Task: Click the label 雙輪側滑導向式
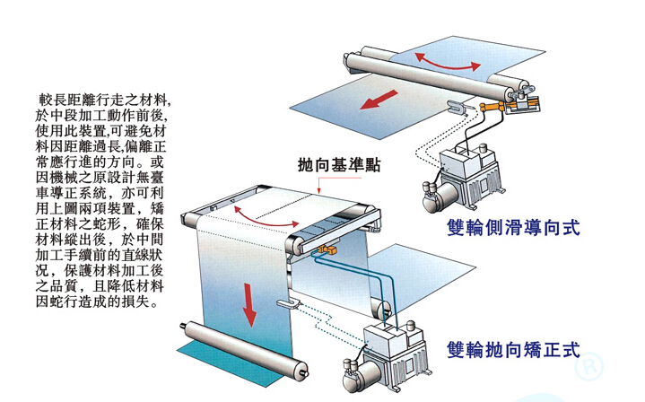click(513, 228)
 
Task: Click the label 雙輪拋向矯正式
click(513, 348)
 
